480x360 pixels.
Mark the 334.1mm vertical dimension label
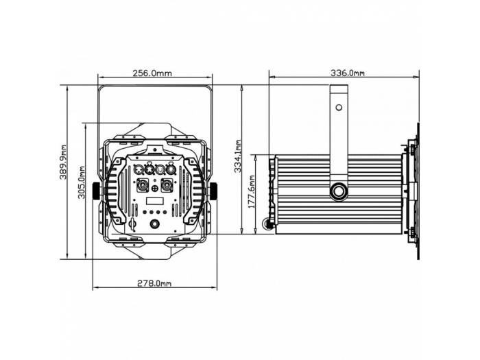point(238,157)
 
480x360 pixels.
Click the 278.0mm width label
point(154,283)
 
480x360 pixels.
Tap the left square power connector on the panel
point(143,185)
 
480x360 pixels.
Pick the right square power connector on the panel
point(166,185)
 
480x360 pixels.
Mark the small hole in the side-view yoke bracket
point(338,106)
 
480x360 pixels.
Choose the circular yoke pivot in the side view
point(339,191)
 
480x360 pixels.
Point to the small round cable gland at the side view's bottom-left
point(267,223)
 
